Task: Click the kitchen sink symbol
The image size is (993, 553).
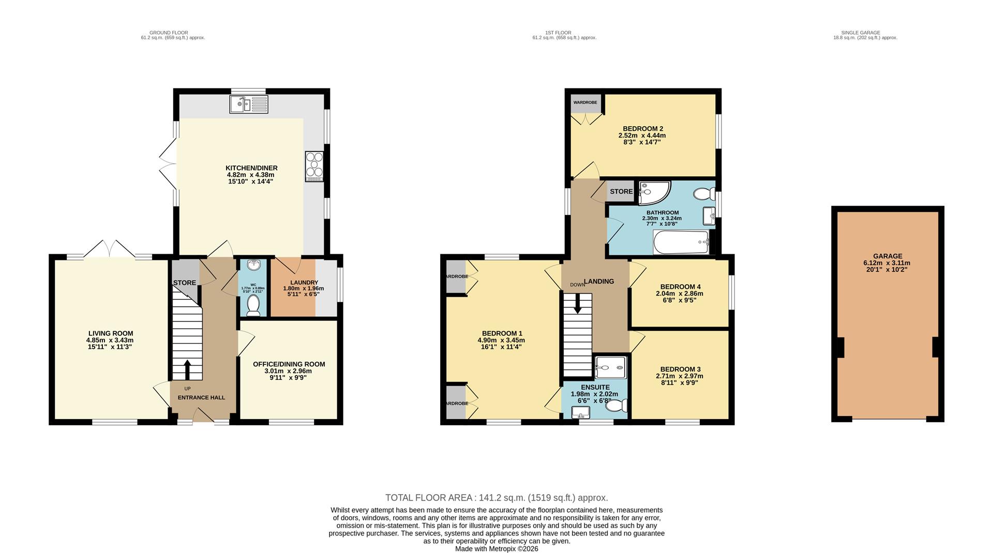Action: click(249, 104)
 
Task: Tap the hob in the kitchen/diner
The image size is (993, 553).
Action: click(314, 166)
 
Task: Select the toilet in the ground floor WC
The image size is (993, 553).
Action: click(253, 306)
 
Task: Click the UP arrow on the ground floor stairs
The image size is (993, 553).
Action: click(187, 370)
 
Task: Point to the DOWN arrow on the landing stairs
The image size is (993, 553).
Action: click(578, 303)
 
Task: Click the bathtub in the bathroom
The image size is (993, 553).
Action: click(681, 242)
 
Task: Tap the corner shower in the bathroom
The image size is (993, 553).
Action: click(653, 193)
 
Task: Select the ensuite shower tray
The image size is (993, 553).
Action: click(610, 367)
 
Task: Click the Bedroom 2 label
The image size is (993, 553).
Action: click(642, 129)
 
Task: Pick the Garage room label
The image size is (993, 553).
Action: click(887, 256)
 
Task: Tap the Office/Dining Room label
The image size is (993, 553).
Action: click(289, 364)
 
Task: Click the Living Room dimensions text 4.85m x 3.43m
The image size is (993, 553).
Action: click(110, 340)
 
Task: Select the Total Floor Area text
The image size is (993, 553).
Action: click(496, 498)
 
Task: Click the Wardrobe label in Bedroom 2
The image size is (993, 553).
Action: click(585, 102)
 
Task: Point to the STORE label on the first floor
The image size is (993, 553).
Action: click(621, 191)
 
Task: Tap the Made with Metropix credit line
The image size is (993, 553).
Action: click(496, 549)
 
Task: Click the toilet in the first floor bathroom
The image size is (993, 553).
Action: click(703, 194)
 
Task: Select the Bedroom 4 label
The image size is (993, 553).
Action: click(680, 287)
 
